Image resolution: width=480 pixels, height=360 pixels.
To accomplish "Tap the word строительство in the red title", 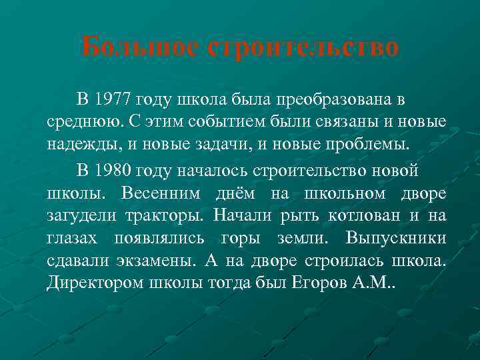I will [x=304, y=47].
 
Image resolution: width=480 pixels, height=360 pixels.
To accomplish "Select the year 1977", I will [x=113, y=100].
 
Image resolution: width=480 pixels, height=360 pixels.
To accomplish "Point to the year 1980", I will [x=113, y=171].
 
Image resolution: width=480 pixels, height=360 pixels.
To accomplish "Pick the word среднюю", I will [x=79, y=123].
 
